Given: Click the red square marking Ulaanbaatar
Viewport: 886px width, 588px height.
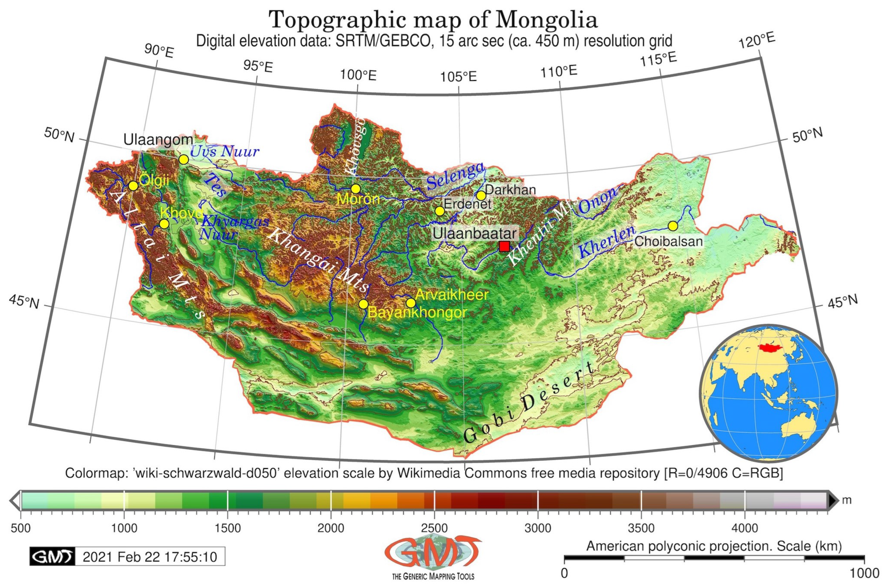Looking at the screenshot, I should click(x=504, y=246).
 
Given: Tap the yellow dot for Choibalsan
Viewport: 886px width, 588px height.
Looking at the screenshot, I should click(x=673, y=226).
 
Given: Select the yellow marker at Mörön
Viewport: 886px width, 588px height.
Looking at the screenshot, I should click(x=355, y=189).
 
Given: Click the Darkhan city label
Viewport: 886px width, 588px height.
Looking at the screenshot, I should click(x=510, y=190).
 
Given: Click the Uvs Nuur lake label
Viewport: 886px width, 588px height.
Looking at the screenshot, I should click(x=224, y=151).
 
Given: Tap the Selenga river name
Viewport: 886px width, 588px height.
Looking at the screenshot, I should click(x=455, y=176).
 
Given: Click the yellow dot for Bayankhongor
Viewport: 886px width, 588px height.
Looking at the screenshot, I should click(x=363, y=304).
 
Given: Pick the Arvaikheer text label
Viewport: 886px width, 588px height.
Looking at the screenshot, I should click(x=451, y=295).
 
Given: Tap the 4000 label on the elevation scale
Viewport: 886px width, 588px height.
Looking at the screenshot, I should click(x=744, y=528).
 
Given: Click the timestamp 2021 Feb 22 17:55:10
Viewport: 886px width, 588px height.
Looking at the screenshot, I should click(x=150, y=557).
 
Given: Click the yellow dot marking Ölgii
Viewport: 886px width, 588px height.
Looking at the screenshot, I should click(x=133, y=186).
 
